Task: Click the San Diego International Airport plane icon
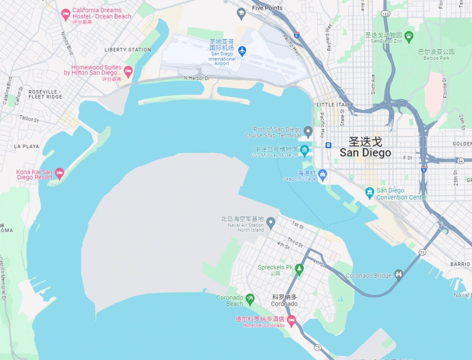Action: tap(242, 50)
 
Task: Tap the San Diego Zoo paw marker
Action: tap(409, 35)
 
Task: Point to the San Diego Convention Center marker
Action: tap(370, 193)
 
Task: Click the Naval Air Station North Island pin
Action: tap(270, 222)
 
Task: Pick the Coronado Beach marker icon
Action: tap(250, 299)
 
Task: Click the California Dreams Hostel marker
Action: tap(66, 15)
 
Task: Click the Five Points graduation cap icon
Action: tap(242, 13)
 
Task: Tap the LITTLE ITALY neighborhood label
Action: tap(334, 104)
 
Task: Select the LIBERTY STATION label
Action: tap(128, 50)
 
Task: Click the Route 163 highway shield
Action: tap(386, 14)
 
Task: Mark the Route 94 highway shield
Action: tap(461, 161)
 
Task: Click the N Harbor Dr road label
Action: tap(196, 78)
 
